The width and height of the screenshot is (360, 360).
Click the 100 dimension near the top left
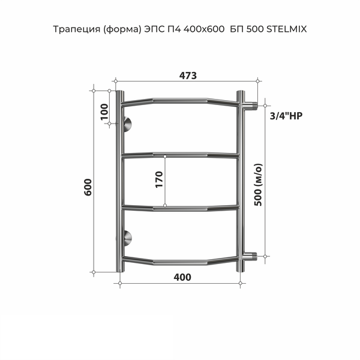[104, 112]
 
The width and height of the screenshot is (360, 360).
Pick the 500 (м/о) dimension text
[259, 184]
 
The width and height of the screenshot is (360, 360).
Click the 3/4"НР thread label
[282, 116]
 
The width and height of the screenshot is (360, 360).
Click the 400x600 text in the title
[199, 28]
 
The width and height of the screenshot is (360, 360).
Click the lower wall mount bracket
[127, 239]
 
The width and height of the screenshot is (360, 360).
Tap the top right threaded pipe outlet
[253, 106]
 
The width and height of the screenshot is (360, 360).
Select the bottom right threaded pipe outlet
[253, 257]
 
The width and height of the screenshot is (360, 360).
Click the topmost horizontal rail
[180, 100]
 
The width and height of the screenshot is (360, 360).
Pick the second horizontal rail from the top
[180, 156]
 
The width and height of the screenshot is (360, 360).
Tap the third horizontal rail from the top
[180, 208]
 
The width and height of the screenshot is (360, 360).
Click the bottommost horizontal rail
[180, 262]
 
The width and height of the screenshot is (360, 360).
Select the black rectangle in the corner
[86, 337]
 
